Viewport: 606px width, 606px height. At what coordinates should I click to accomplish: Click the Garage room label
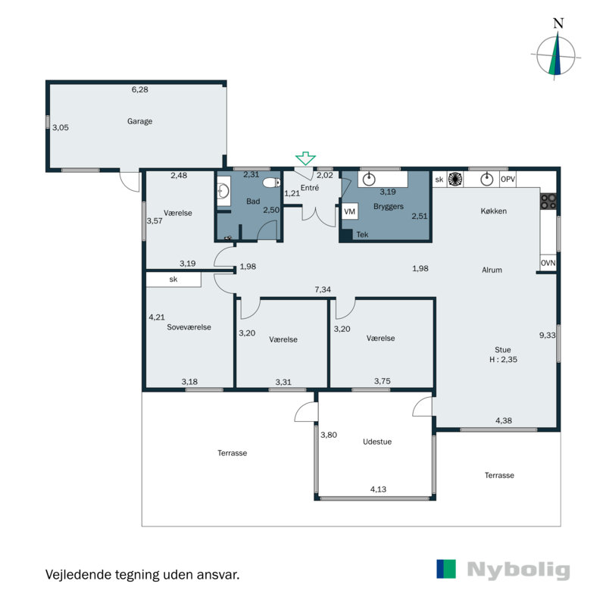click(x=139, y=121)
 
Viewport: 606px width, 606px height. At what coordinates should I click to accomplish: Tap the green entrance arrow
click(x=306, y=158)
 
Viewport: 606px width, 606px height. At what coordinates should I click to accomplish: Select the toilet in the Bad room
click(x=272, y=183)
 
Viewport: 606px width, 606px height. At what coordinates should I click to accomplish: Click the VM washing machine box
click(x=350, y=212)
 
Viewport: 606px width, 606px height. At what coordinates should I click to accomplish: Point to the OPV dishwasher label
click(x=508, y=180)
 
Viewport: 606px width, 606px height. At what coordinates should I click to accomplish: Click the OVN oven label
click(x=548, y=263)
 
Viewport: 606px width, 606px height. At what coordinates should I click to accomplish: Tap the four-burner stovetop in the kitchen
click(x=548, y=201)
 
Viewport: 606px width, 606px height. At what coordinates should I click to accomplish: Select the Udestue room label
click(x=377, y=442)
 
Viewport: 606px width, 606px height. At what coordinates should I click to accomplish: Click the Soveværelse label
click(x=189, y=327)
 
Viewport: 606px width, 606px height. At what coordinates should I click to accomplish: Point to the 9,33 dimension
click(x=547, y=336)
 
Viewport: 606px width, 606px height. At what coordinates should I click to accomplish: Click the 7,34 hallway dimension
click(x=323, y=289)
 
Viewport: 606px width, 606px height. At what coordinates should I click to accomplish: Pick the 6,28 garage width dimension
click(x=139, y=89)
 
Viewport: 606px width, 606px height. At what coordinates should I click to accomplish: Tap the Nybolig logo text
click(x=518, y=570)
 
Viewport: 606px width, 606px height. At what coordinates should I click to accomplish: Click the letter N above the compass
click(x=558, y=23)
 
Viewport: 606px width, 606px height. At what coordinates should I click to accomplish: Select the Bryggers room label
click(x=389, y=207)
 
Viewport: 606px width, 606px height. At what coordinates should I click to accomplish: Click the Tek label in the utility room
click(x=362, y=235)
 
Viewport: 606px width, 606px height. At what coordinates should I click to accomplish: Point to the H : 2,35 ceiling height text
click(x=503, y=359)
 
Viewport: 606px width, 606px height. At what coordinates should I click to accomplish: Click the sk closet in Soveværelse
click(x=173, y=280)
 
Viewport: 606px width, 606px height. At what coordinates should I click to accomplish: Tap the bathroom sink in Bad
click(x=223, y=191)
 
